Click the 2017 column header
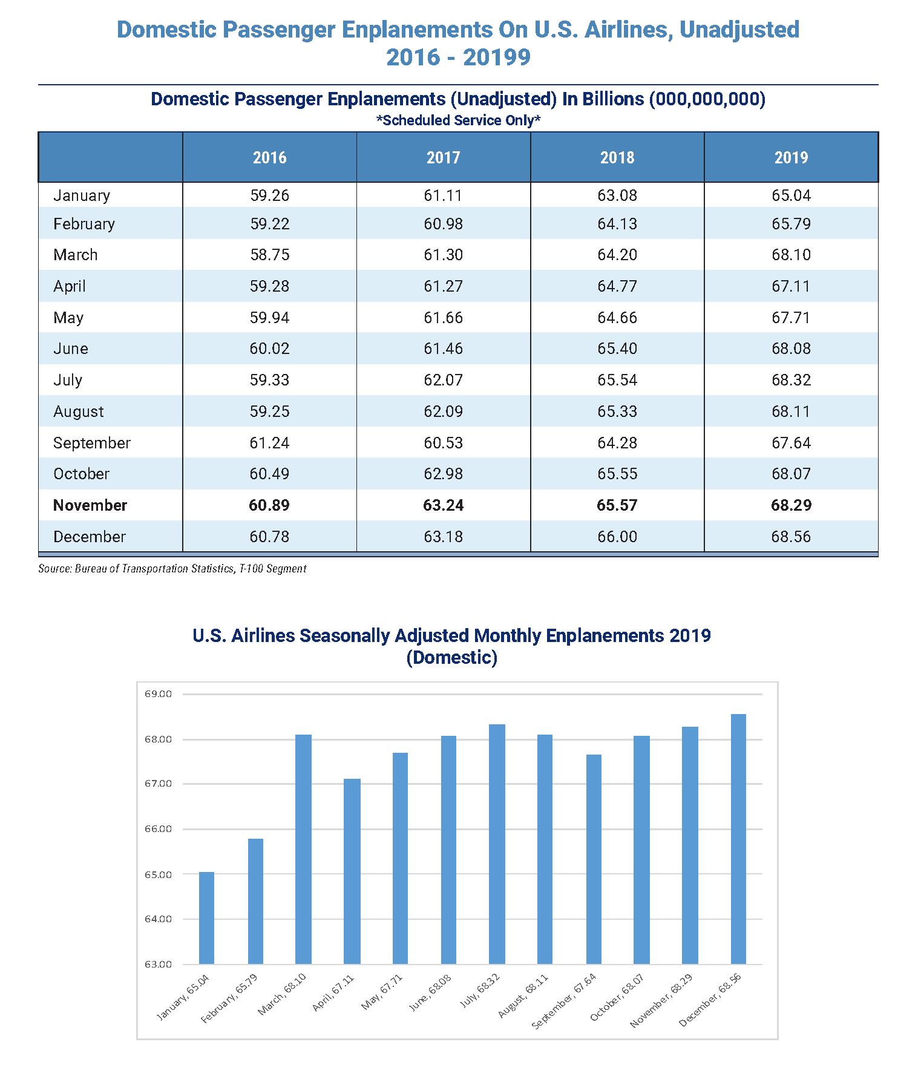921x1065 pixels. [443, 158]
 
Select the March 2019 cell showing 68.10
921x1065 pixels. [790, 255]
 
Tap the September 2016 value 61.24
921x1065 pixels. [269, 443]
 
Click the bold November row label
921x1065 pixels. [90, 505]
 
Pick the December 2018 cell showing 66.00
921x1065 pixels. [617, 537]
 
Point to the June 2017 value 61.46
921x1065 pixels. [443, 349]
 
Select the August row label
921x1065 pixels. [79, 411]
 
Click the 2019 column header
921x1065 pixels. [790, 158]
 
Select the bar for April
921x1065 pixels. [352, 871]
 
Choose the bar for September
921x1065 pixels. [594, 859]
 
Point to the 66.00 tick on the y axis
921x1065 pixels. [158, 829]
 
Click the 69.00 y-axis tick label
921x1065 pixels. [158, 694]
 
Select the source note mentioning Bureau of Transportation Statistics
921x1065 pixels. [172, 569]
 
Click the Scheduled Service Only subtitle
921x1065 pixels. [458, 120]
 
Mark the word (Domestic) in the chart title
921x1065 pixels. [451, 658]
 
